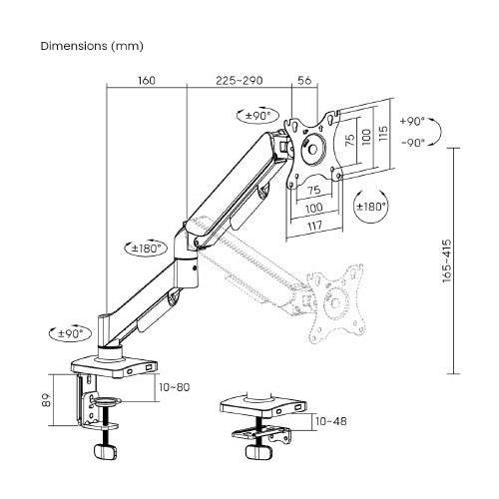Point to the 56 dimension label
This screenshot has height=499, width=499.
coord(305,81)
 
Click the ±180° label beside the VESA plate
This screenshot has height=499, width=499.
coord(371,207)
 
